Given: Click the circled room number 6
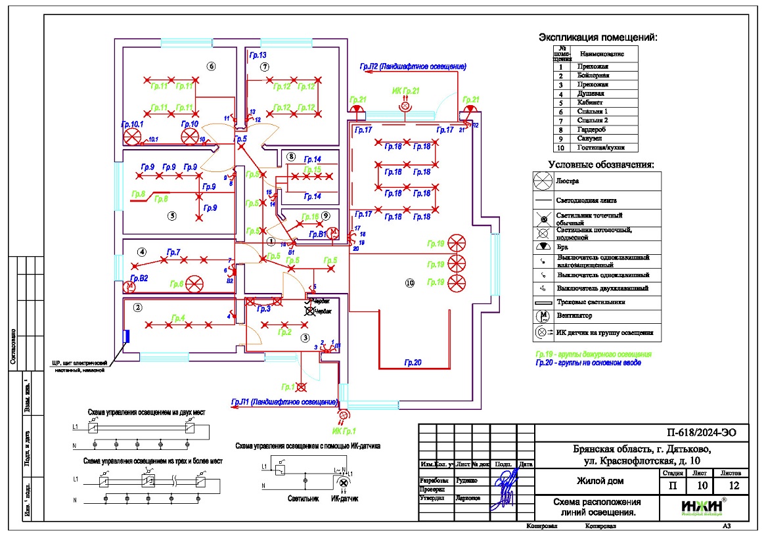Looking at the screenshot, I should pos(211,66).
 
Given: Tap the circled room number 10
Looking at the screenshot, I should pos(410,283).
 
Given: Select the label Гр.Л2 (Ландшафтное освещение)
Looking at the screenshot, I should pos(413,67).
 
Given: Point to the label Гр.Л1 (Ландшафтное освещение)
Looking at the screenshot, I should pos(284,401).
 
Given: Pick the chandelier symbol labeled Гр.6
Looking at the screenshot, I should pos(194,284).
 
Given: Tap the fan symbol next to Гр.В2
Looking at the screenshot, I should pos(129,287).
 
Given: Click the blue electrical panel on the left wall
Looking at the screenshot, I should pos(127,336).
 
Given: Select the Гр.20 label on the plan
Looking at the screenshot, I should pos(413,362).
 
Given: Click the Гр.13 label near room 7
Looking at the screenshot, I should pos(257,55).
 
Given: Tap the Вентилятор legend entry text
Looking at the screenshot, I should pos(574,316).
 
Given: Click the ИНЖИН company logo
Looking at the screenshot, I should pos(703,508).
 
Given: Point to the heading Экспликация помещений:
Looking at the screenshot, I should pos(597,37).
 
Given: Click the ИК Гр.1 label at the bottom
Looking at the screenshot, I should pos(344,431).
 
